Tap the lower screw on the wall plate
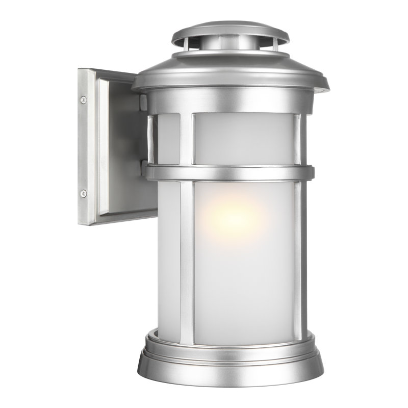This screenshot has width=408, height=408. (x=83, y=193)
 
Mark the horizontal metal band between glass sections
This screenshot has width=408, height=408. (x=229, y=172)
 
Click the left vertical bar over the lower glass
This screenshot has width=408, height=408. (x=187, y=255)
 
